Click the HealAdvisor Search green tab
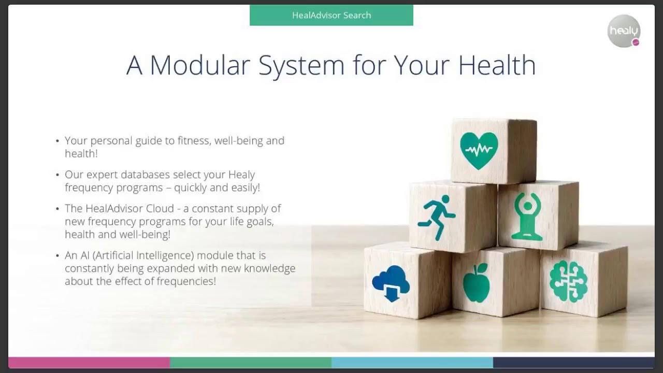click(331, 16)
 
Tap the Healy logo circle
click(624, 31)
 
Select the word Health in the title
click(497, 65)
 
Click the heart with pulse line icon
click(479, 150)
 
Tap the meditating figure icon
click(527, 217)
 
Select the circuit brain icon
click(568, 281)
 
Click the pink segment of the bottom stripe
click(89, 362)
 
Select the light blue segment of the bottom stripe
click(412, 362)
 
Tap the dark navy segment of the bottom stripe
click(573, 362)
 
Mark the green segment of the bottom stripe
click(251, 362)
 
